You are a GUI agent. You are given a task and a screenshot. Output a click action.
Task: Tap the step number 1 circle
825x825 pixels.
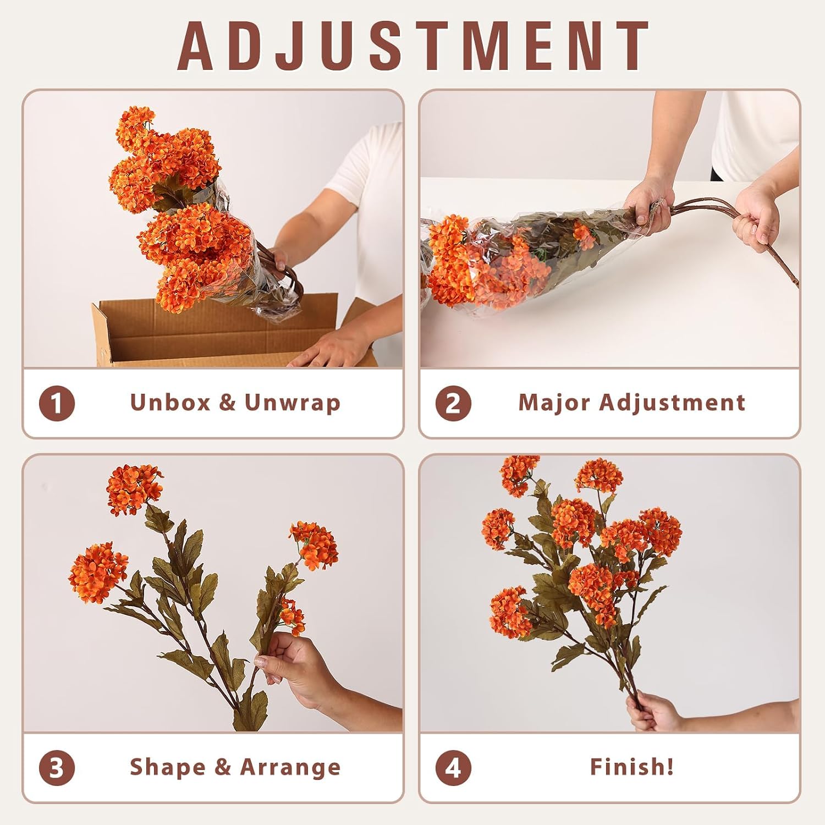pos(57,404)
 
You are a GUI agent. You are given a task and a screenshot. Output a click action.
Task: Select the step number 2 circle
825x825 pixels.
pos(453,404)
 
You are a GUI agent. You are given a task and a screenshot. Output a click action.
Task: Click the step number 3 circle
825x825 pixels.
pos(57,768)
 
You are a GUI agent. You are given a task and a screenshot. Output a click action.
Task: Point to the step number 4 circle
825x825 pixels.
pos(453,768)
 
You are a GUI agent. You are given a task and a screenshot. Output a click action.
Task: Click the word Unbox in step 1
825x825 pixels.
pos(170,403)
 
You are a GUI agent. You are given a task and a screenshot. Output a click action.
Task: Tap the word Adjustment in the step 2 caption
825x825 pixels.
pos(672,403)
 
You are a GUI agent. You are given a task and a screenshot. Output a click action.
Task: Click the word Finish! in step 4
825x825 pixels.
pos(632,767)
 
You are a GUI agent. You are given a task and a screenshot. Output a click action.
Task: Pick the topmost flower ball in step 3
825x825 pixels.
pos(134,490)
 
